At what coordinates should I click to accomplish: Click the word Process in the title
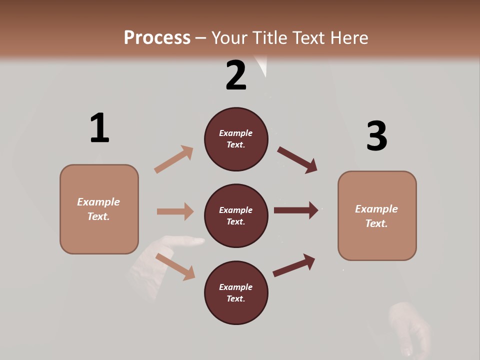point(157,37)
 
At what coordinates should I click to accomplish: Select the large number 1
point(99,128)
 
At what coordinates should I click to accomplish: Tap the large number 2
point(235,76)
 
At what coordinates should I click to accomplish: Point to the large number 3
point(376,136)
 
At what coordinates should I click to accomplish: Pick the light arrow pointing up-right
point(173,159)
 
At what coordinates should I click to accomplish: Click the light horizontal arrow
point(175,211)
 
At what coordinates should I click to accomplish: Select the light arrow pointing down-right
point(175,266)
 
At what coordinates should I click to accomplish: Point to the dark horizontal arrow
point(296,210)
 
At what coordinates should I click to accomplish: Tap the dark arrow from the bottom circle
point(294,265)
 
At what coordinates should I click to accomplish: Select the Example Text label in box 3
point(376,216)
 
